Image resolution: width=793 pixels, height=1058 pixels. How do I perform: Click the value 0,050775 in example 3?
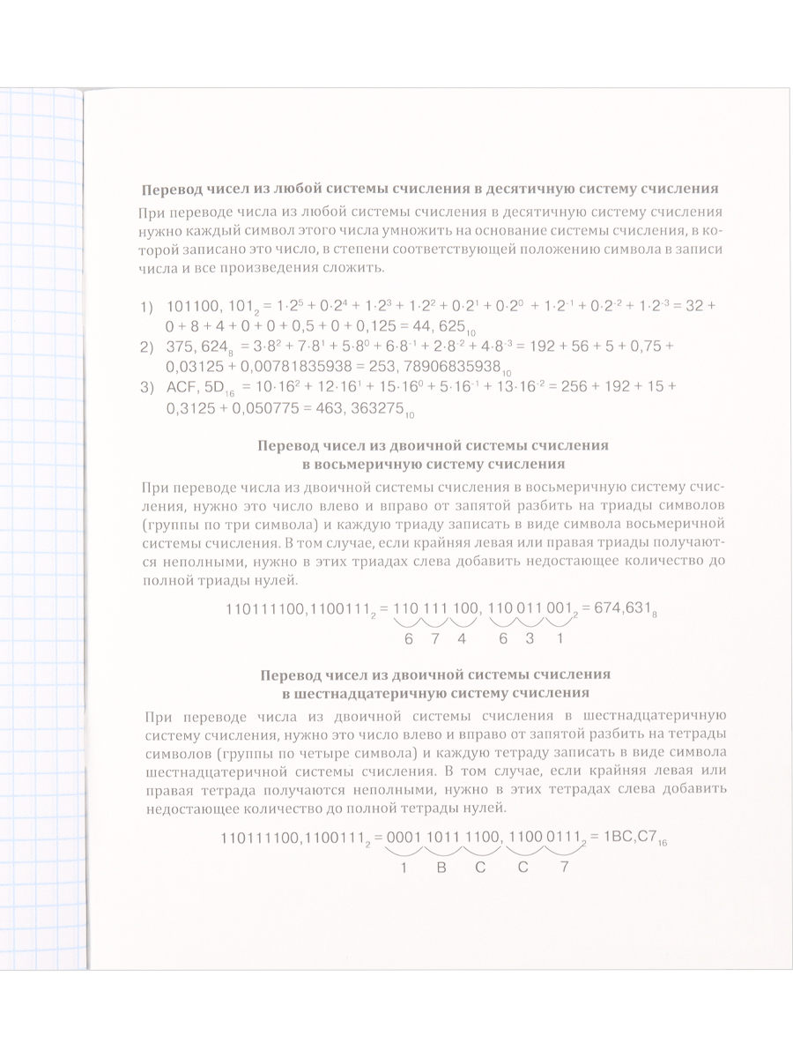click(256, 407)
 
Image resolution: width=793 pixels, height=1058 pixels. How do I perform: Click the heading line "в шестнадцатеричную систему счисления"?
click(432, 692)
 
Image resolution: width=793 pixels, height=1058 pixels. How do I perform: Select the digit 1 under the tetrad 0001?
click(403, 868)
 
